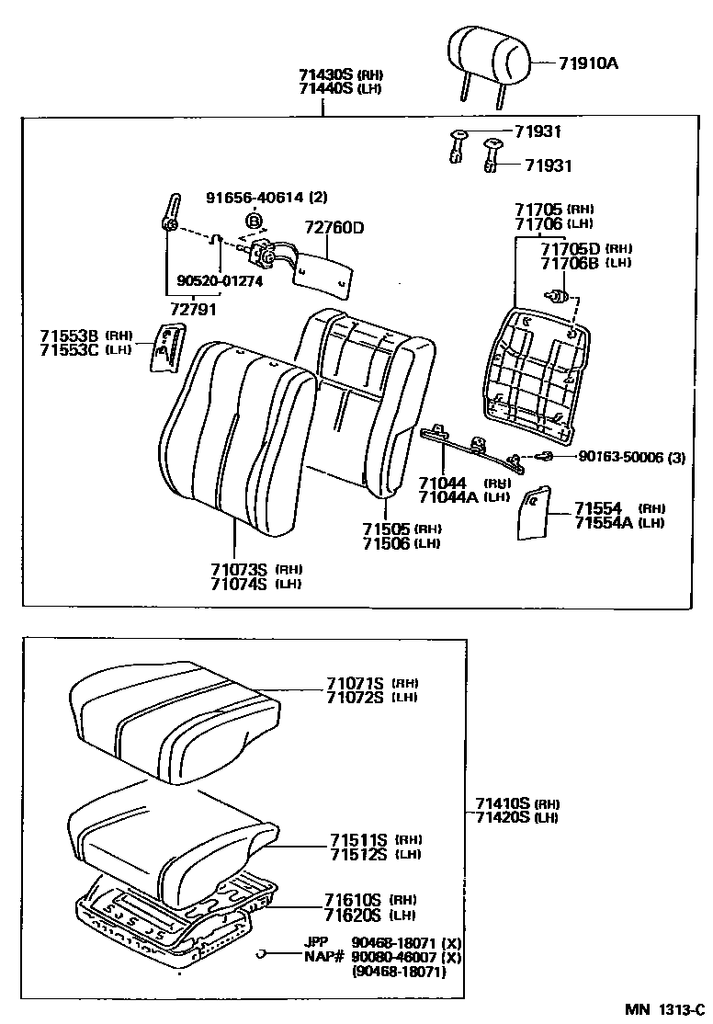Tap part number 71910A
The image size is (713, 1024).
point(589,63)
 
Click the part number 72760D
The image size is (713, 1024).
point(334,227)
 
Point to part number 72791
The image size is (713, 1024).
point(193,309)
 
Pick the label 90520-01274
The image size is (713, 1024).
point(221,281)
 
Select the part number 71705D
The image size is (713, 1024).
point(570,248)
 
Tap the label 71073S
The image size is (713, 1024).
point(238,570)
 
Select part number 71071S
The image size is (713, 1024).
point(356,683)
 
